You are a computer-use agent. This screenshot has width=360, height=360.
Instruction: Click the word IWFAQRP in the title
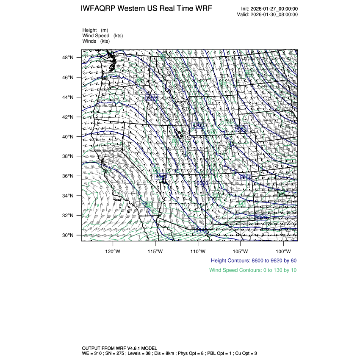[x=98, y=9]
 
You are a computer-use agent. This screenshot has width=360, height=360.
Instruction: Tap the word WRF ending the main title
[x=203, y=9]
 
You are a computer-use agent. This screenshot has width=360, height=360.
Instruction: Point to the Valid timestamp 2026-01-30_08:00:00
[x=274, y=14]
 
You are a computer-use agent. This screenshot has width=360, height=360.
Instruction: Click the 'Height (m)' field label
[x=95, y=30]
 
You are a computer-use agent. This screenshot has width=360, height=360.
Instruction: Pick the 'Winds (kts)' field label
[x=96, y=41]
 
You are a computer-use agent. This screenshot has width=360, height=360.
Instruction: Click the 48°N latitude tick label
[x=69, y=58]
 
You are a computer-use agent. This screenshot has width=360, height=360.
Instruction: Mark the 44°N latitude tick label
[x=69, y=97]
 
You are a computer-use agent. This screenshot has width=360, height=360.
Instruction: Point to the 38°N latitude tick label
[x=69, y=156]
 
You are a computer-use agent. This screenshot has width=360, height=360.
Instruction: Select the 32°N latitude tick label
[x=69, y=215]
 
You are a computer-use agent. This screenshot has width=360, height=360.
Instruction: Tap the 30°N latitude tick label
[x=69, y=235]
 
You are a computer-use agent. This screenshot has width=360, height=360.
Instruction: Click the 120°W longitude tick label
[x=113, y=251]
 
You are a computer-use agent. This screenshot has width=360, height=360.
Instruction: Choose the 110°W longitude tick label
[x=198, y=251]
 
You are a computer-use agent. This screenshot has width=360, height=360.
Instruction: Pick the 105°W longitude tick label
[x=240, y=251]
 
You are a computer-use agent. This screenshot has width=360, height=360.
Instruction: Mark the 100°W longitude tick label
[x=283, y=251]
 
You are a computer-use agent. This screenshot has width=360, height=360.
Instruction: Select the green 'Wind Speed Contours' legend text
[x=253, y=270]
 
